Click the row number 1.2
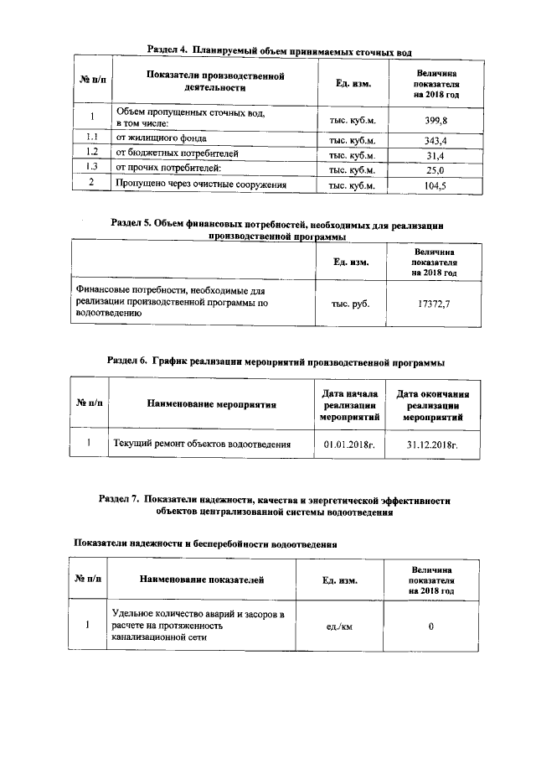pos(93,154)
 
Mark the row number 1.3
pos(93,169)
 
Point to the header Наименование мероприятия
pos(211,404)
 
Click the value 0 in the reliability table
pos(430,626)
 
